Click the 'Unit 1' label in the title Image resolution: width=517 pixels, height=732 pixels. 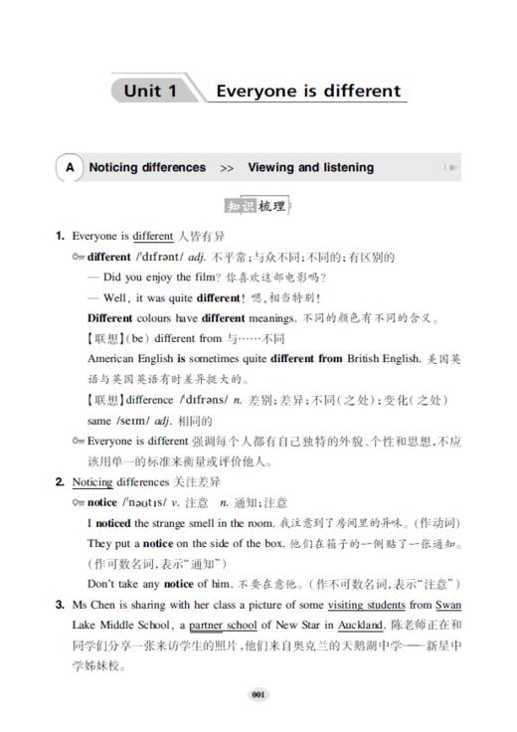coord(150,91)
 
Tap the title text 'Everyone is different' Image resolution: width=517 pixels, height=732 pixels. coord(308,91)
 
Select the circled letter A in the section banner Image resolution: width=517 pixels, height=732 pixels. coord(70,168)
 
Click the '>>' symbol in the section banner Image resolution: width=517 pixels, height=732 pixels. coord(227,169)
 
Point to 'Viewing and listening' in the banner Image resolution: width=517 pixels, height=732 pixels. coord(310,168)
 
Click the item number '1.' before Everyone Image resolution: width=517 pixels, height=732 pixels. coord(61,237)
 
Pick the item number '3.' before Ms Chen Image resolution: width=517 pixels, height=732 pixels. coord(61,605)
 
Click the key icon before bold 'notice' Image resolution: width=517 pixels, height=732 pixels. coord(80,503)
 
